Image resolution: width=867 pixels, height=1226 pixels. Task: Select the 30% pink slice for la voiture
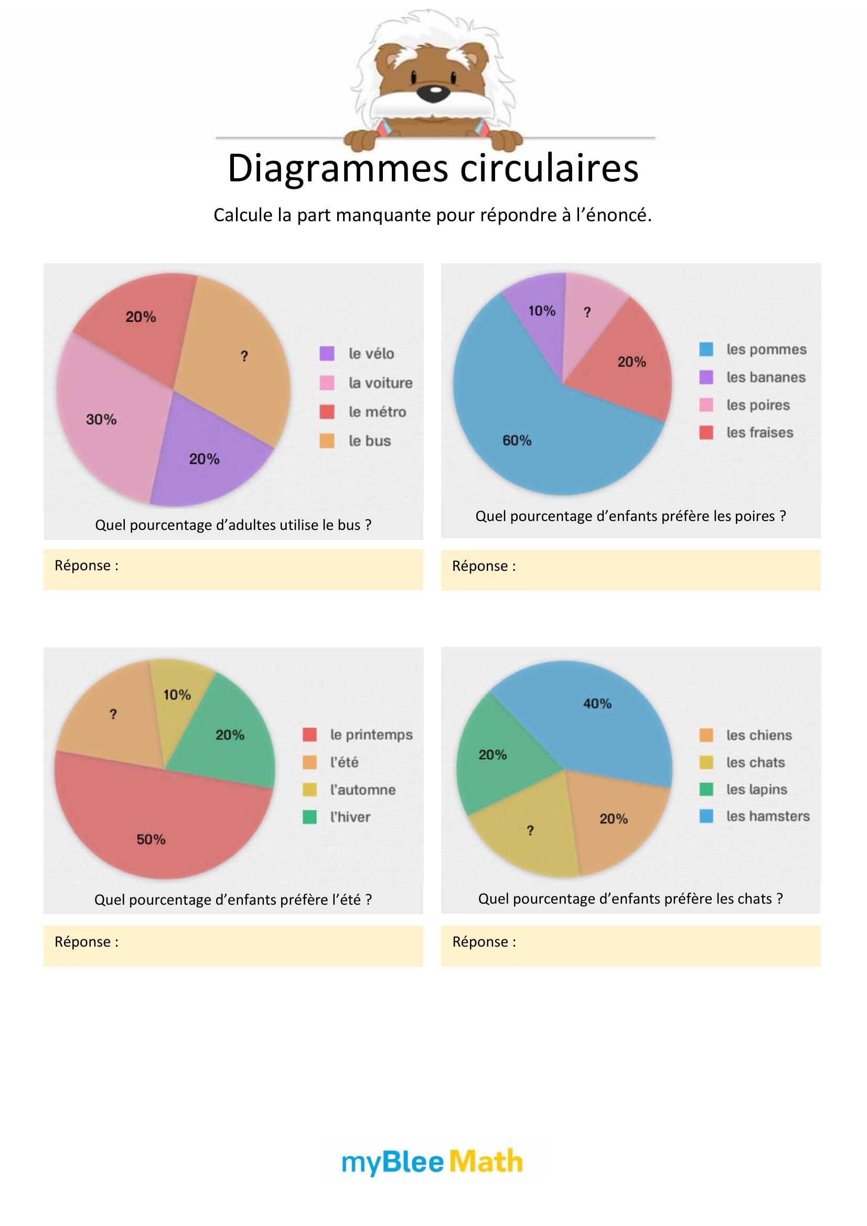click(x=107, y=422)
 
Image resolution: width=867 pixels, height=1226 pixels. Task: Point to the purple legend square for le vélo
click(x=326, y=353)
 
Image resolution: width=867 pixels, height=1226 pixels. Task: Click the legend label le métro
click(x=377, y=411)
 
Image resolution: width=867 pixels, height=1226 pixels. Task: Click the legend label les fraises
click(x=759, y=432)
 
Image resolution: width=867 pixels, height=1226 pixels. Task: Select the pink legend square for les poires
click(x=706, y=405)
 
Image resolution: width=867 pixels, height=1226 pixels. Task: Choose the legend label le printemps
click(x=371, y=735)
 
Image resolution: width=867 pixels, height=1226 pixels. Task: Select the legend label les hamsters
click(x=768, y=816)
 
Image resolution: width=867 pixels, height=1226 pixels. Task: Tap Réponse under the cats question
click(x=484, y=942)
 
